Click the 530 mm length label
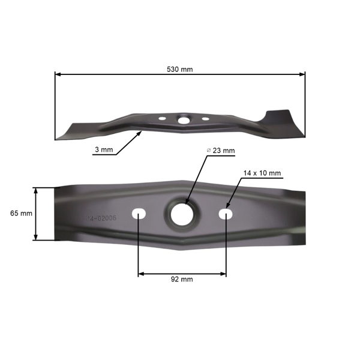[179, 68]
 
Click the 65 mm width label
[21, 213]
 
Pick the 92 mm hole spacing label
[182, 279]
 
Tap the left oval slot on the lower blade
[139, 213]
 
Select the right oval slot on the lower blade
[226, 213]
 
